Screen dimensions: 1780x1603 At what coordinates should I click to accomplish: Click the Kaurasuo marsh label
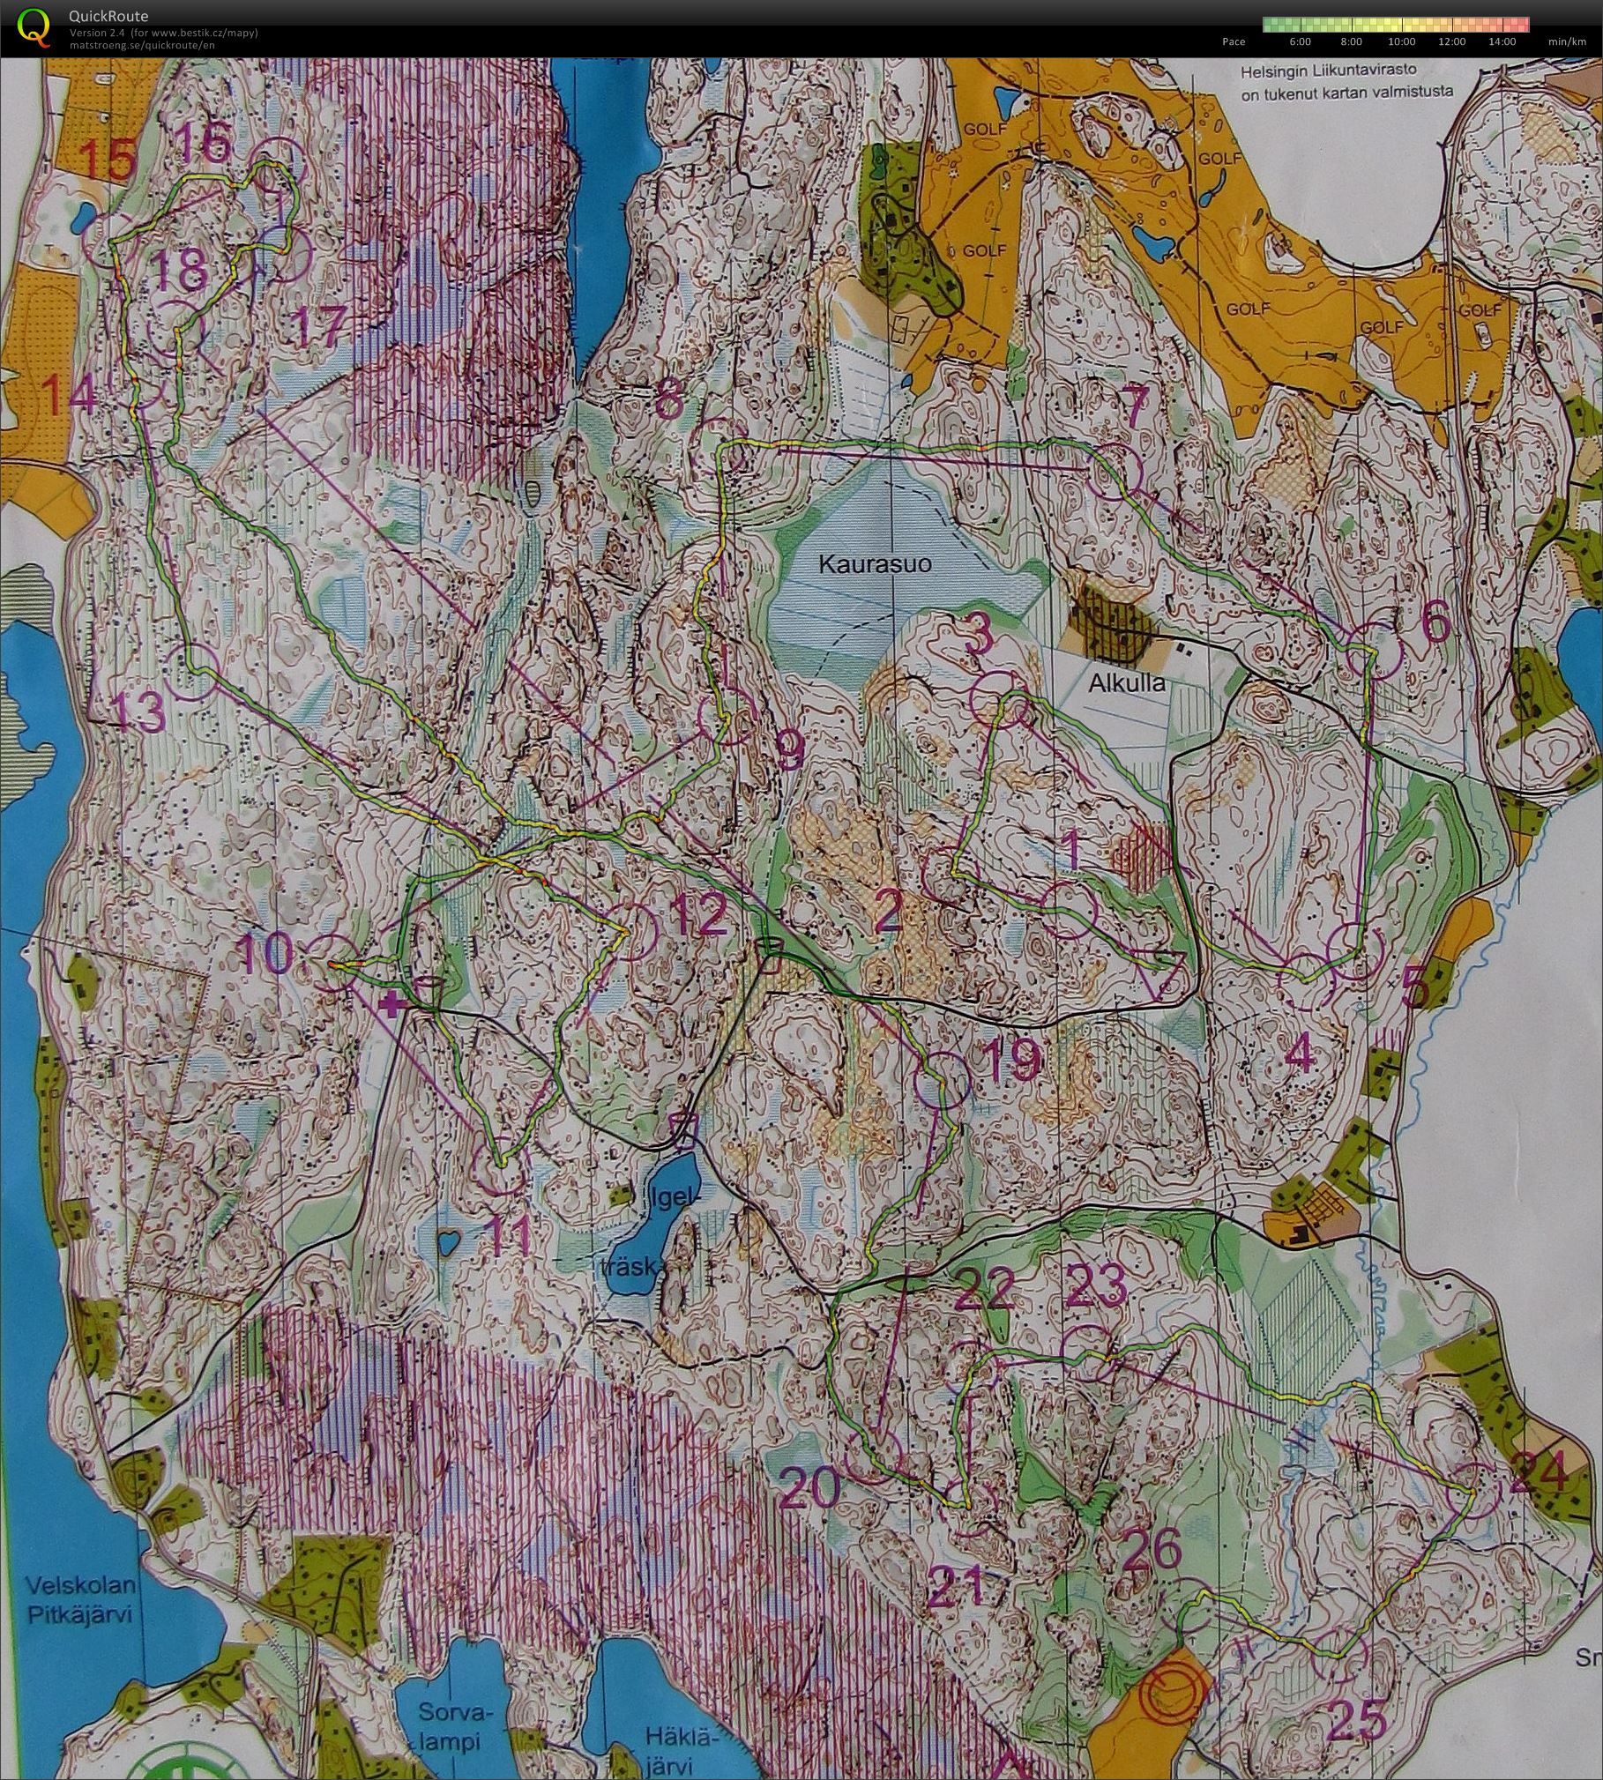(x=875, y=564)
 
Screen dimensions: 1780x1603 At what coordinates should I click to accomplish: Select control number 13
(x=139, y=711)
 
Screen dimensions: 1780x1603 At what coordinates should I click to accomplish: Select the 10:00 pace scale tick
(x=1401, y=41)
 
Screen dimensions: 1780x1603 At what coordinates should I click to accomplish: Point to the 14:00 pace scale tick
(x=1502, y=41)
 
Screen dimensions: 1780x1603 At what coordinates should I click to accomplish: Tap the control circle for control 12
(x=632, y=932)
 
